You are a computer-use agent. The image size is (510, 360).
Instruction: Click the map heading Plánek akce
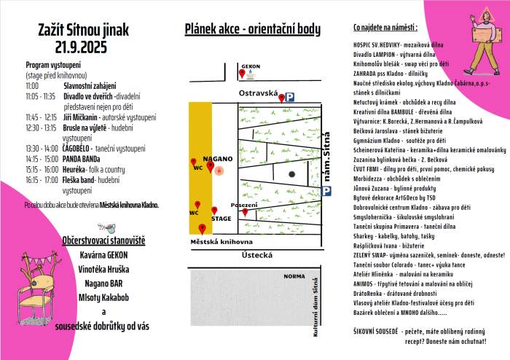(x=252, y=29)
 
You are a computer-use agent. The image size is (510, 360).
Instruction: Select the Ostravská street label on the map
(x=259, y=94)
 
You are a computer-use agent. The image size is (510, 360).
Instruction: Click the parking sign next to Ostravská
(x=289, y=96)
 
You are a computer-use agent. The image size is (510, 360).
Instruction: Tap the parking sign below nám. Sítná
(x=326, y=190)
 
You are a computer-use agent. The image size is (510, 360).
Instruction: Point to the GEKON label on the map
(x=251, y=66)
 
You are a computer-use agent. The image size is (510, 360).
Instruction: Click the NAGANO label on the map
(x=218, y=158)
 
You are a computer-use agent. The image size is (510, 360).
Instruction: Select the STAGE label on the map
(x=221, y=218)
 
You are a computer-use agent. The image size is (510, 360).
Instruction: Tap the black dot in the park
(x=291, y=173)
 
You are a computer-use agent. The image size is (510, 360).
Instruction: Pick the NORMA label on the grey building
(x=294, y=276)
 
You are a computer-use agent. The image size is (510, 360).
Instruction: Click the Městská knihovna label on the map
(x=221, y=241)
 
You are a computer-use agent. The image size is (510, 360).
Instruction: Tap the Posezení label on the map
(x=244, y=206)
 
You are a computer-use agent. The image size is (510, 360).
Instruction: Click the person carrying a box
(x=476, y=36)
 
